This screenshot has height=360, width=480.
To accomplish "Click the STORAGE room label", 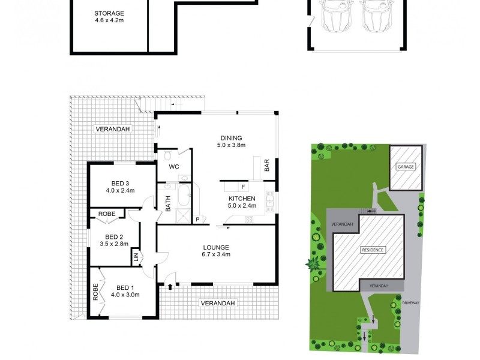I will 109,13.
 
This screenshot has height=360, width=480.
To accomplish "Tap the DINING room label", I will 231,137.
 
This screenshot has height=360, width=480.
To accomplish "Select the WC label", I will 175,167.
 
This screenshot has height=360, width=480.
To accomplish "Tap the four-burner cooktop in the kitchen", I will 248,220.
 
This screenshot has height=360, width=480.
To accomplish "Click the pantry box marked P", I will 197,220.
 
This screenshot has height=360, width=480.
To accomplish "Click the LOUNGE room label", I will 217,247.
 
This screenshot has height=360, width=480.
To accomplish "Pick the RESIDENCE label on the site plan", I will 373,250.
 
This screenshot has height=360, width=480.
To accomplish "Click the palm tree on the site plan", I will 313,263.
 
